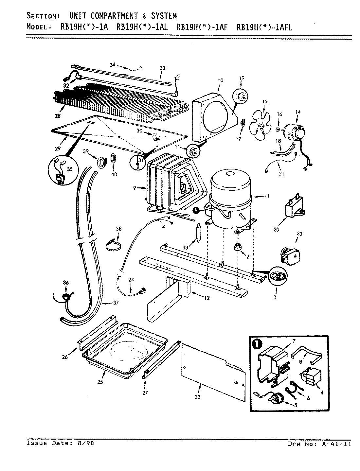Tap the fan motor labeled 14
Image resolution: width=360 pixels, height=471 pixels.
click(x=293, y=131)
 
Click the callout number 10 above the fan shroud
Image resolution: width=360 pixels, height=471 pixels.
click(x=219, y=80)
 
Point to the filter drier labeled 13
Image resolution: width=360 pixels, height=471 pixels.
click(x=198, y=233)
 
